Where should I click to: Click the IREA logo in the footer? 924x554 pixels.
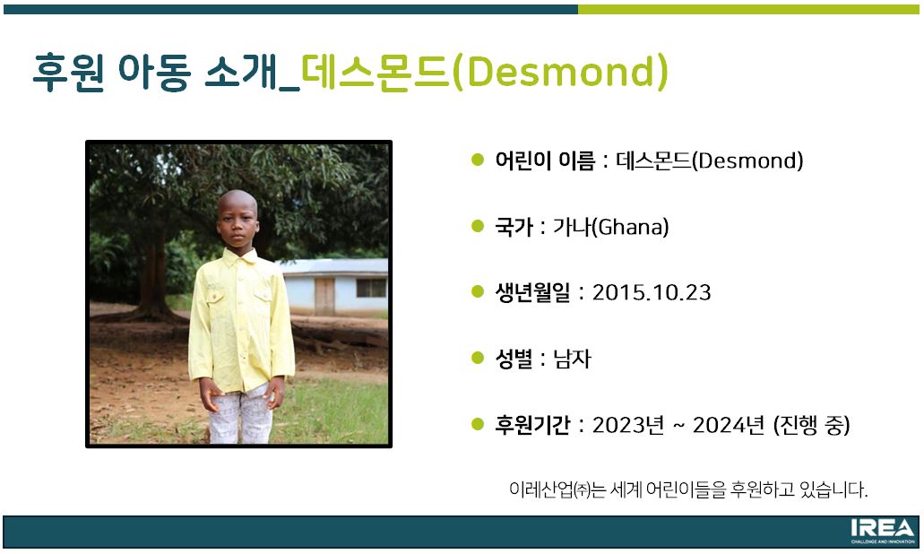point(882,531)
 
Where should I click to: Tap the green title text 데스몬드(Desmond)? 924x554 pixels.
point(484,72)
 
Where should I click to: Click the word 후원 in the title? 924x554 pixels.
point(68,72)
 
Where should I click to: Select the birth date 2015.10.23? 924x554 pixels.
point(652,292)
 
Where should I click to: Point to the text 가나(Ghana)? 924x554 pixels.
point(611,227)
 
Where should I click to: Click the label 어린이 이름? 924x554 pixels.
point(545,160)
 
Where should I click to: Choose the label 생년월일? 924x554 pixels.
point(532,292)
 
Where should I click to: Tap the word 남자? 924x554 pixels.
point(572,359)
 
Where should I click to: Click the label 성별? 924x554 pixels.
point(514,359)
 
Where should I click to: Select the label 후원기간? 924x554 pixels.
point(532,424)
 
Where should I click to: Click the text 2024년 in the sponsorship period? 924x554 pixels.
point(729,424)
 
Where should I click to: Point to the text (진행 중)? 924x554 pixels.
point(811,424)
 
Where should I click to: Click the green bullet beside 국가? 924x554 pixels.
point(478,226)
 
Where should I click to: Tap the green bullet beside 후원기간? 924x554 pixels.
point(478,424)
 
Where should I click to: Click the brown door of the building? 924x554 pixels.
point(324,296)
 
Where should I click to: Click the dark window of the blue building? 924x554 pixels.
point(371,288)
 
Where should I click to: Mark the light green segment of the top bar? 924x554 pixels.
point(748,10)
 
